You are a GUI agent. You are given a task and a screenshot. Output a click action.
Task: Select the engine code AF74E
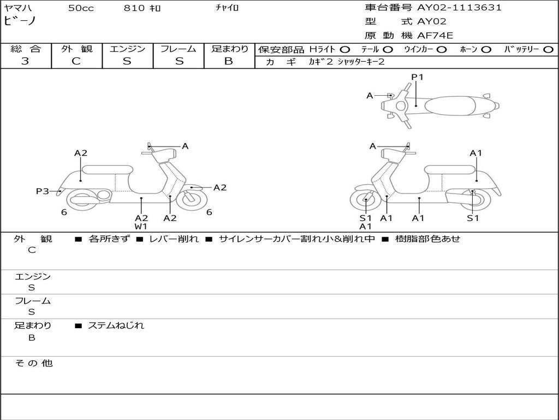435,36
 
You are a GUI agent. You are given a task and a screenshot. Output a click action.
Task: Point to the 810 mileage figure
134,8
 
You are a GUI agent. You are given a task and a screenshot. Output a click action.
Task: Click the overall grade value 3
25,61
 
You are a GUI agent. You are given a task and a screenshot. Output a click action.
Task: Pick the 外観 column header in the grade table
76,49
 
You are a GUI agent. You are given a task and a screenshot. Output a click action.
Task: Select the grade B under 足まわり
229,61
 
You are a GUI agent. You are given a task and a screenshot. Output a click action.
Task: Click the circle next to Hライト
345,49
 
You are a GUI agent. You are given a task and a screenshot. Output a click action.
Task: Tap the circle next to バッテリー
548,49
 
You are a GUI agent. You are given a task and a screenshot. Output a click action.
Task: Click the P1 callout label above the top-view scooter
417,77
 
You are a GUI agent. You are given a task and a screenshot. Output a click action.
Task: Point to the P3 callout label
43,191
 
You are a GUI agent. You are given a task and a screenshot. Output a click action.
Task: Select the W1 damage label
141,226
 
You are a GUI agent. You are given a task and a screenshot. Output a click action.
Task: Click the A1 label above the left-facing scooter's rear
476,153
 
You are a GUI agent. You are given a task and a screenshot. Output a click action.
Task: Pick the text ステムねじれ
116,325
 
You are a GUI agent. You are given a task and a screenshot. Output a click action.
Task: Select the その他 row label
33,363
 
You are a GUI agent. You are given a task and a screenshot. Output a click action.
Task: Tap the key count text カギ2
321,62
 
